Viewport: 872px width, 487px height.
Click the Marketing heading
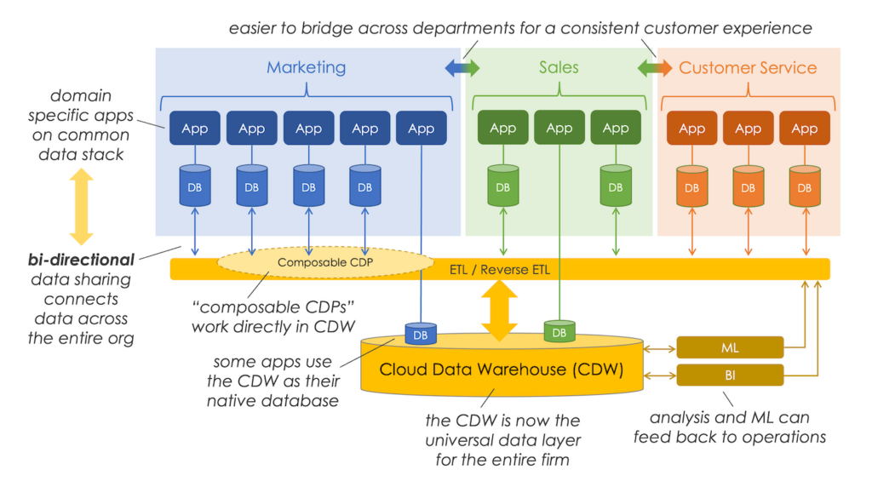306,67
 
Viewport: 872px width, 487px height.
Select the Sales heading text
559,67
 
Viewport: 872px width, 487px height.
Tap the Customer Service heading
748,67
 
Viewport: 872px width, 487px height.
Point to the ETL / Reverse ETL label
499,270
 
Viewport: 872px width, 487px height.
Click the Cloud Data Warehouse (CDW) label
502,370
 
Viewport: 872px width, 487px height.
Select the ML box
730,347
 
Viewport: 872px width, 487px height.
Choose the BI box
730,375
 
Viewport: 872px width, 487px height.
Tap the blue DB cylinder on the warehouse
421,335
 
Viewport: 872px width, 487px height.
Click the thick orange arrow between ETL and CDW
500,308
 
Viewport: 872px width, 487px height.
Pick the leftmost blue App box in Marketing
195,129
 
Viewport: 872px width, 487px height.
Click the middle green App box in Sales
559,128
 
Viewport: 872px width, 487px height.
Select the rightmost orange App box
804,129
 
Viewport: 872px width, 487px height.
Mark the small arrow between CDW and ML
660,347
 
